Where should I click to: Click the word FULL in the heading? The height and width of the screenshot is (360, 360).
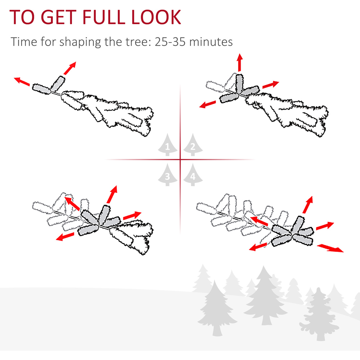(104, 17)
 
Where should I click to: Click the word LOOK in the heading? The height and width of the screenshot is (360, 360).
(156, 17)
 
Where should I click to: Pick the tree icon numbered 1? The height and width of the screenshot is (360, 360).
(167, 145)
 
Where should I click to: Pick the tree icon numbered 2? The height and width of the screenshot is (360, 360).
(193, 145)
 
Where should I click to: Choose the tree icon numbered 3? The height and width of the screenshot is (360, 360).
(167, 175)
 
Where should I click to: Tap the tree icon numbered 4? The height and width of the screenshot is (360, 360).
(193, 175)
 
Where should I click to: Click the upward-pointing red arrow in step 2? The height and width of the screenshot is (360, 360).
(240, 62)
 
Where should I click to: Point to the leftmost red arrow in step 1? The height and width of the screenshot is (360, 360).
(22, 81)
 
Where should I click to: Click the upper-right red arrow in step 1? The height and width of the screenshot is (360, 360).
(70, 68)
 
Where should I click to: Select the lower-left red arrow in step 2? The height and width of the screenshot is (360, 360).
(208, 104)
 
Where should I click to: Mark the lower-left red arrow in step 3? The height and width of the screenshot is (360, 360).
(65, 237)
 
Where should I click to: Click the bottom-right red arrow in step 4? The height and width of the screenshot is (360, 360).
(330, 248)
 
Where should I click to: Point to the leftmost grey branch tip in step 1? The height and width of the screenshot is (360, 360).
(41, 89)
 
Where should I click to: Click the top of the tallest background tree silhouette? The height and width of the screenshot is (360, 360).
(264, 266)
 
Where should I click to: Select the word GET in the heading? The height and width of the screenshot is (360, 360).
(59, 17)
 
